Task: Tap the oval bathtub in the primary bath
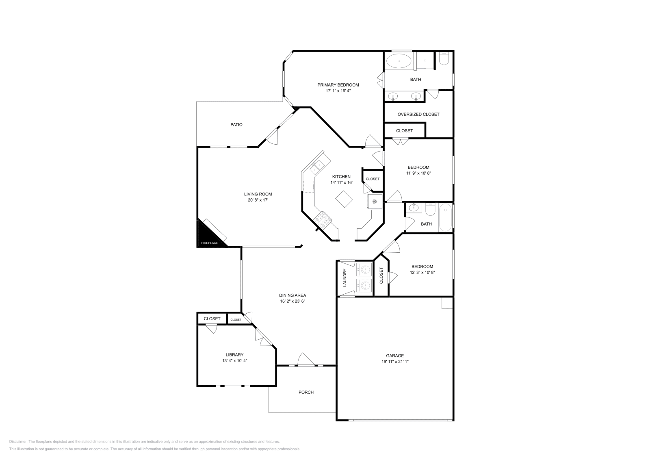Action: pyautogui.click(x=399, y=61)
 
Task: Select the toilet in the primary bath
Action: pyautogui.click(x=444, y=58)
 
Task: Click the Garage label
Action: pyautogui.click(x=394, y=356)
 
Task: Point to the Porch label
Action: pyautogui.click(x=306, y=392)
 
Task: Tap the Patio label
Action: pyautogui.click(x=236, y=124)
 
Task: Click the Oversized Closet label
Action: pyautogui.click(x=418, y=114)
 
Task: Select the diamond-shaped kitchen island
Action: pyautogui.click(x=344, y=199)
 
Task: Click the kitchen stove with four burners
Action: pyautogui.click(x=323, y=219)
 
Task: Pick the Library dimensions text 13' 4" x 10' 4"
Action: pyautogui.click(x=234, y=360)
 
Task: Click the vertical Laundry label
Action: pyautogui.click(x=345, y=278)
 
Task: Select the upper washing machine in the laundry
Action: pyautogui.click(x=364, y=269)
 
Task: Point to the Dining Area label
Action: pyautogui.click(x=292, y=295)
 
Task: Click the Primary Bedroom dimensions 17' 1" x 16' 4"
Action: pyautogui.click(x=338, y=91)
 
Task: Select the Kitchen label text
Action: pyautogui.click(x=341, y=176)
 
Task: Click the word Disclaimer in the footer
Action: pyautogui.click(x=18, y=441)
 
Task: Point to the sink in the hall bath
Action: pyautogui.click(x=413, y=208)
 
